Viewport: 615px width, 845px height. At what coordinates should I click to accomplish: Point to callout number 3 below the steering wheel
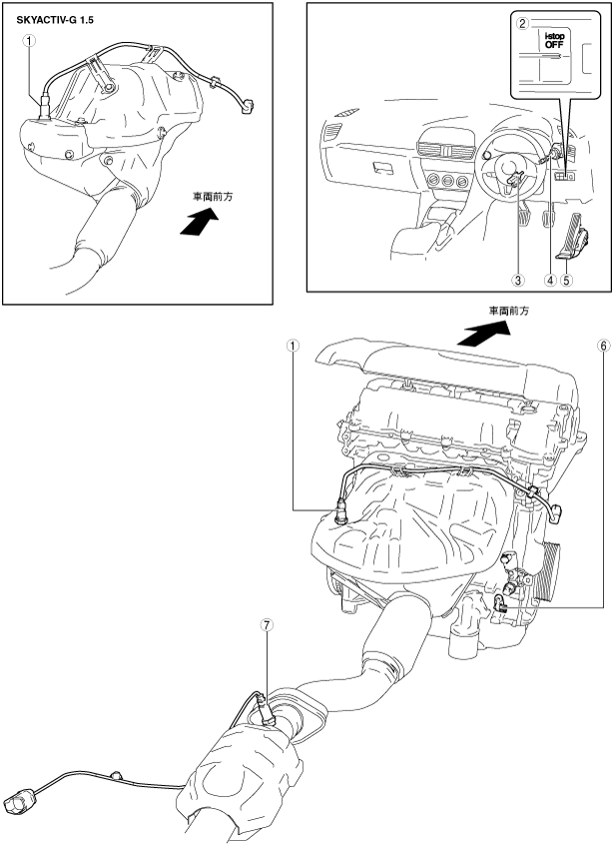(517, 280)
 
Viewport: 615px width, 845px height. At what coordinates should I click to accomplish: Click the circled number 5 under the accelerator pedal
(567, 280)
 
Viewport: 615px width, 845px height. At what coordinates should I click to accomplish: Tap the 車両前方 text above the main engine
(508, 312)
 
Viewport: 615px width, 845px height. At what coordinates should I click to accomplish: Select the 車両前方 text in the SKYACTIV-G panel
(211, 198)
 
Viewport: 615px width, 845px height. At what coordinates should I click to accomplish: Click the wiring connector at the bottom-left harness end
(19, 798)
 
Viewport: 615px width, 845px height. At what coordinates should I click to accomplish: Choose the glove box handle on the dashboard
(381, 166)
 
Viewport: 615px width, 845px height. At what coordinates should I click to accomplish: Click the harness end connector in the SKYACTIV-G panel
(249, 102)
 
